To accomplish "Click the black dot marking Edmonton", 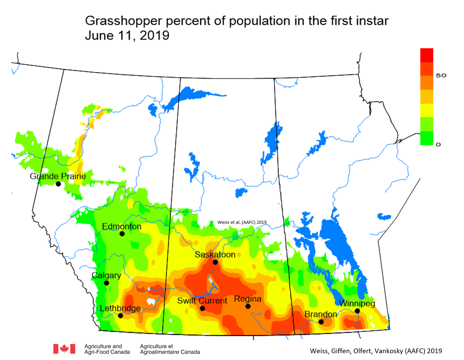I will point(122,234).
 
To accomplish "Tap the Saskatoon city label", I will point(215,255).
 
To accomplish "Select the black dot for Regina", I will point(248,306).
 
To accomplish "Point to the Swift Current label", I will point(202,301).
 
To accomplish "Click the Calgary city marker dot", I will point(106,283).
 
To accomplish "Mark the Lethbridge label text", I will point(120,308).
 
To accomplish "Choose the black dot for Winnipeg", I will point(357,311).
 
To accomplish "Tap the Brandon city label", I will point(321,314).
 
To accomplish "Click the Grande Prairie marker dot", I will point(58,184).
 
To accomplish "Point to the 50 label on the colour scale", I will point(441,75).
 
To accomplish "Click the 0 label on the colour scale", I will point(438,145).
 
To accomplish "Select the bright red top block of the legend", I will point(427,55).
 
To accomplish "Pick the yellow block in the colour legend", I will point(427,110).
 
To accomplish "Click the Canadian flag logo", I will point(64,349).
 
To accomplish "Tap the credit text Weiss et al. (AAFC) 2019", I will point(242,222).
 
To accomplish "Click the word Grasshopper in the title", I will point(124,21).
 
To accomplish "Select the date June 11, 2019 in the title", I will point(127,35).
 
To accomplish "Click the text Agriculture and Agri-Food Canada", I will point(107,349).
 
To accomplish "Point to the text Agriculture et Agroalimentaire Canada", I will point(170,349).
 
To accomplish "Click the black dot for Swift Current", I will point(202,308).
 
